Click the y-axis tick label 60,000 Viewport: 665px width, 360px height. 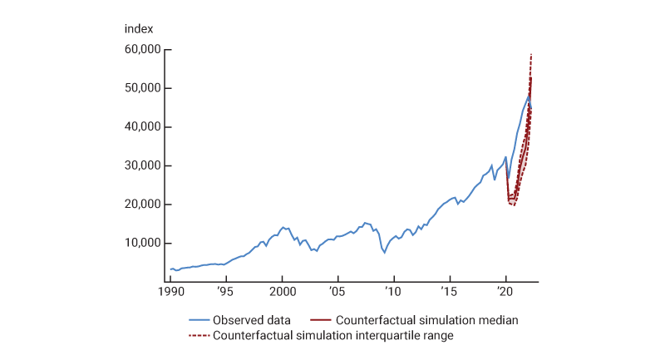click(x=142, y=50)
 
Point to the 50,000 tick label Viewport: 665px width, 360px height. click(x=142, y=88)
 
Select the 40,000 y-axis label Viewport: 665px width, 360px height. click(x=142, y=127)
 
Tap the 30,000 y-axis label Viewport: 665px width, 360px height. click(x=142, y=165)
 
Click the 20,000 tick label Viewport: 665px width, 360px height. click(x=142, y=205)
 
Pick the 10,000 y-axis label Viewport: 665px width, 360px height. click(x=142, y=243)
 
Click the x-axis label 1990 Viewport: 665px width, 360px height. click(x=170, y=293)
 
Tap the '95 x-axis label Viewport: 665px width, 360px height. click(x=225, y=293)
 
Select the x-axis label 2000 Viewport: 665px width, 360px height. click(x=282, y=293)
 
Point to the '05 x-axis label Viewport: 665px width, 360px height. click(x=337, y=293)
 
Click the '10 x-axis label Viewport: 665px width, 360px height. click(x=393, y=293)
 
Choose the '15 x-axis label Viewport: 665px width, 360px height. click(x=449, y=293)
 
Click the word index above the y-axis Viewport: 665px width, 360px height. click(x=139, y=29)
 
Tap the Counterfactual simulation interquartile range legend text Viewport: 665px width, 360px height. click(x=332, y=336)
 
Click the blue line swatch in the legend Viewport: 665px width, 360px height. click(x=199, y=319)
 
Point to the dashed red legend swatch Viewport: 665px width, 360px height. click(x=199, y=336)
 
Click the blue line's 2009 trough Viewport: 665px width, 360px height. click(x=384, y=253)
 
